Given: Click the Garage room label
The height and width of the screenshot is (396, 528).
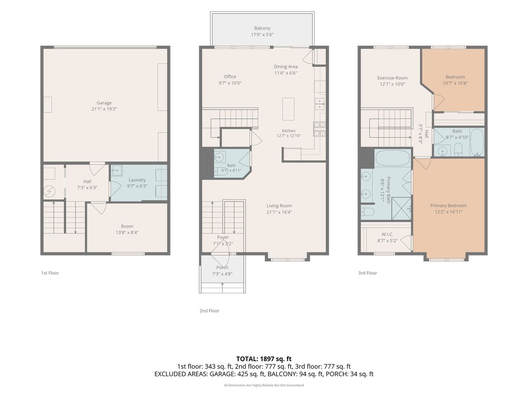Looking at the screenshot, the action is pyautogui.click(x=104, y=103).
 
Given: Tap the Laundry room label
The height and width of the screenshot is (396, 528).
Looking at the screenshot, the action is pyautogui.click(x=137, y=180).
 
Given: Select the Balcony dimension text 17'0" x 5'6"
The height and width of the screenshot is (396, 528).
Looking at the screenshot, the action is pyautogui.click(x=262, y=35).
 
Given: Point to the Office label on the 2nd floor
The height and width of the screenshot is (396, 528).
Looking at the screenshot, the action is pyautogui.click(x=230, y=77).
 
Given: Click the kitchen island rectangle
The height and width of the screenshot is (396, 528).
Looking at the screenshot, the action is pyautogui.click(x=288, y=109).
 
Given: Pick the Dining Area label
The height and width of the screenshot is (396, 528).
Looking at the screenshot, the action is pyautogui.click(x=286, y=66).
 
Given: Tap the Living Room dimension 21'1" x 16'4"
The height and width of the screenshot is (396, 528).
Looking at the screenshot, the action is pyautogui.click(x=279, y=212).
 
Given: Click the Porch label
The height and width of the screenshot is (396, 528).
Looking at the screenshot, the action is pyautogui.click(x=222, y=268).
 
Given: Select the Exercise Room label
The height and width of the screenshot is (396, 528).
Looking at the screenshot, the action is pyautogui.click(x=392, y=78).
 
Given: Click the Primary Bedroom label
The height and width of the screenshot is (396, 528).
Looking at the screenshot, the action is pyautogui.click(x=448, y=205).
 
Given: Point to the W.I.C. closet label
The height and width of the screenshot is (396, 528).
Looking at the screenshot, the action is pyautogui.click(x=387, y=234).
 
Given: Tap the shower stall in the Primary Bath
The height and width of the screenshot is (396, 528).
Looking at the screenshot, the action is pyautogui.click(x=401, y=209).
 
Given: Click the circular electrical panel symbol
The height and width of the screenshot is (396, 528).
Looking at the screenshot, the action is pyautogui.click(x=49, y=191).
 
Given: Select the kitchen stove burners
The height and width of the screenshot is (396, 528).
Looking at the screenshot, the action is pyautogui.click(x=319, y=129).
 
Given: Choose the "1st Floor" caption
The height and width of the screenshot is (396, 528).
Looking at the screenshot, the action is pyautogui.click(x=50, y=273).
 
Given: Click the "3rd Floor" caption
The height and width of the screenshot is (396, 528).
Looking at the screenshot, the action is pyautogui.click(x=367, y=273).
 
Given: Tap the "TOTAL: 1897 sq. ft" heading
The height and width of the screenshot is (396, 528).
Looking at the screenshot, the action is pyautogui.click(x=264, y=359).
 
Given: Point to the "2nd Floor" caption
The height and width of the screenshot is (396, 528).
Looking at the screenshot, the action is pyautogui.click(x=209, y=311).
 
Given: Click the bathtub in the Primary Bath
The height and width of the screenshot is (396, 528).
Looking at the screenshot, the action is pyautogui.click(x=392, y=158).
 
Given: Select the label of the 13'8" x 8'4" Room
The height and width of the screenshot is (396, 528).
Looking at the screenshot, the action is pyautogui.click(x=127, y=226).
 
